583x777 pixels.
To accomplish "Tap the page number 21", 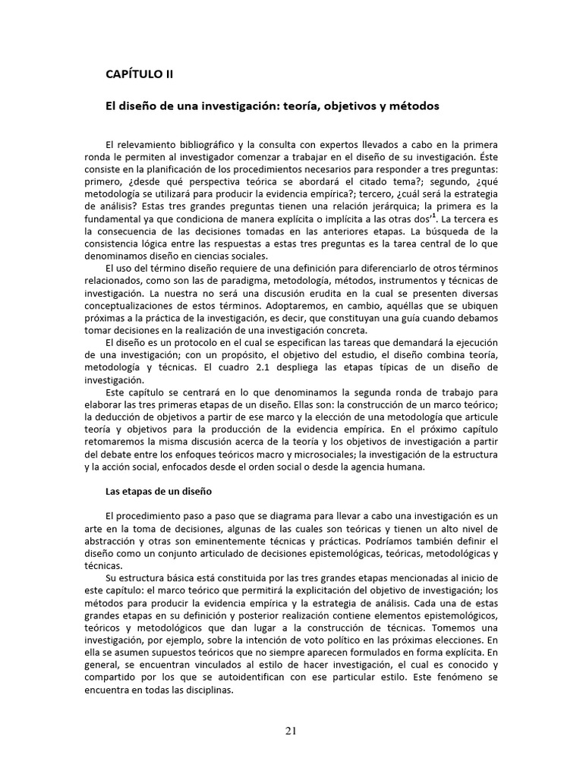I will pos(291,731).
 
